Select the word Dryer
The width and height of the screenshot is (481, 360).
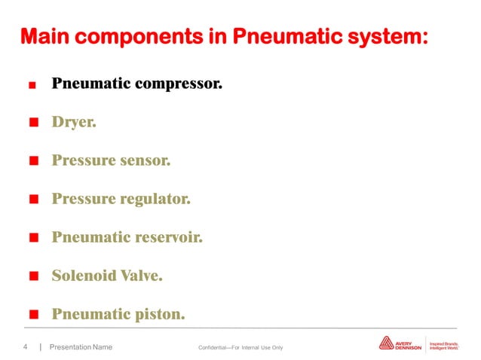[73, 121]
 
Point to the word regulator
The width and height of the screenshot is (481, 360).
[154, 199]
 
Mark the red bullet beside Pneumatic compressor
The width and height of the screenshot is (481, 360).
[32, 85]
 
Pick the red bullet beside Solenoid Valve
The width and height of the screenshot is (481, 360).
[33, 276]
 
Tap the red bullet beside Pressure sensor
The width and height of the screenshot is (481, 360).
[33, 161]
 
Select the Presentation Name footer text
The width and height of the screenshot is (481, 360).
[81, 346]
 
